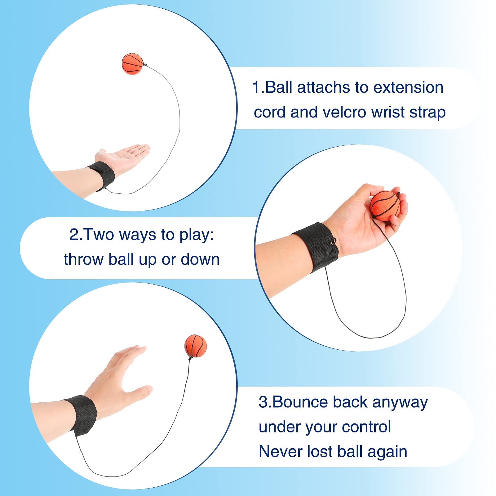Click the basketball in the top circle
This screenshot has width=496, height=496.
tap(132, 64)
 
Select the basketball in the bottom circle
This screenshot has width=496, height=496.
tap(195, 346)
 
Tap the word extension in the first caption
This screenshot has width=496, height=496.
tap(408, 87)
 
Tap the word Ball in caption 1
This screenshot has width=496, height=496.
tap(279, 87)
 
